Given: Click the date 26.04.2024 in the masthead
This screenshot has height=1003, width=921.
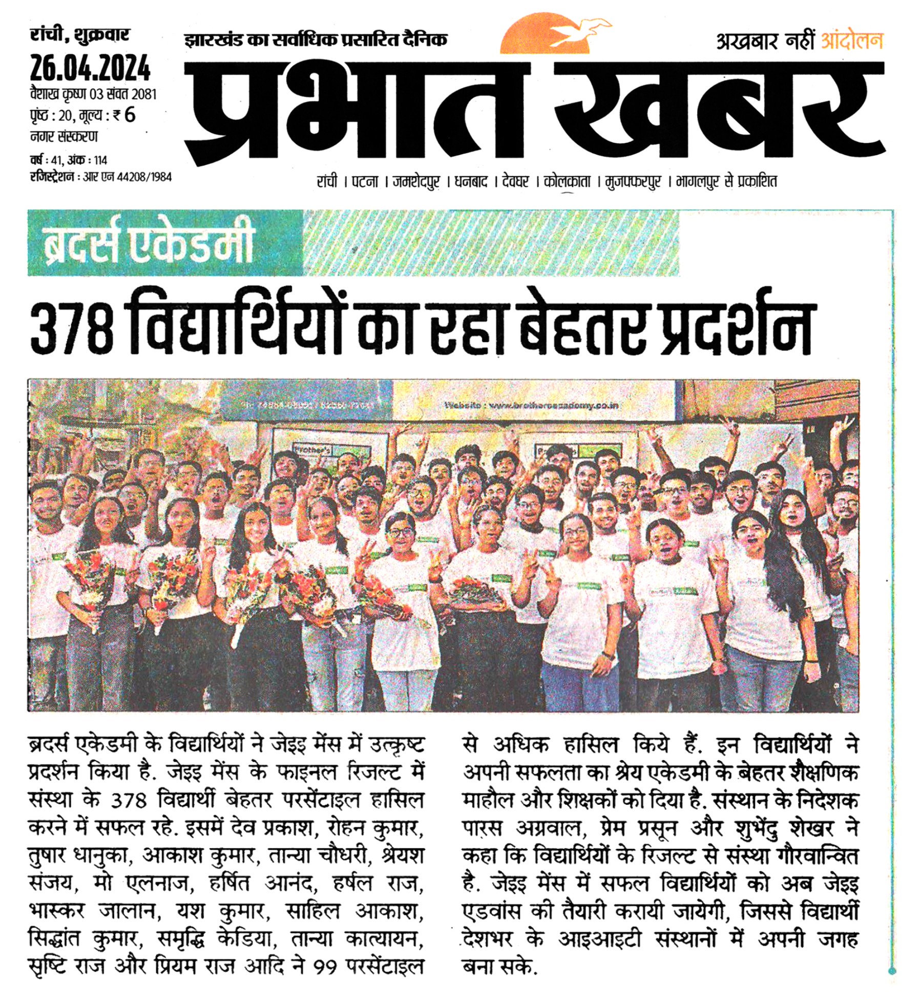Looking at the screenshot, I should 90,69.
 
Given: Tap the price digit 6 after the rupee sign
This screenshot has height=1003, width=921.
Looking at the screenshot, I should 130,115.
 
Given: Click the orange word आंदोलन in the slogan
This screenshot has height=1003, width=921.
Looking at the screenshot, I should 852,41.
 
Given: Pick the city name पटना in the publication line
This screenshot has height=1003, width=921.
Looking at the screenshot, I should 365,181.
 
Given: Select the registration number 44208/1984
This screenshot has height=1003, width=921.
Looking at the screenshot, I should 144,177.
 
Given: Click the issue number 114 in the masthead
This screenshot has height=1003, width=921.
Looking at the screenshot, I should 100,160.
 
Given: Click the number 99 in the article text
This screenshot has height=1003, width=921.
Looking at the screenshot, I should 324,967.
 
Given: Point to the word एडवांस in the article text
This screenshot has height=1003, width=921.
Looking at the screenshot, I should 492,912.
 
